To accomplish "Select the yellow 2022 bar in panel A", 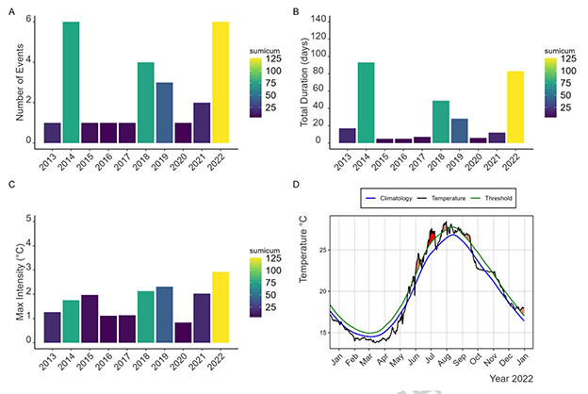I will click(220, 83).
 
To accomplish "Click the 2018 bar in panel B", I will click(440, 122).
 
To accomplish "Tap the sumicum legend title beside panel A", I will click(267, 45).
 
